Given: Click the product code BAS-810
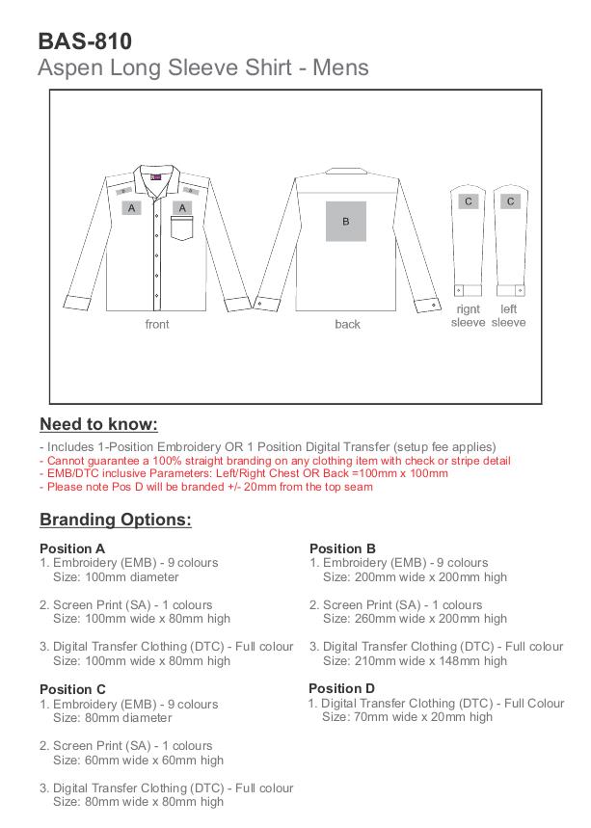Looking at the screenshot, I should [x=85, y=41].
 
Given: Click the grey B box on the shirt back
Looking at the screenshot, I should [x=345, y=221].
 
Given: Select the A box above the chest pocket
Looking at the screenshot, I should [x=182, y=207].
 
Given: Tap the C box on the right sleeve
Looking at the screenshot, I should [x=469, y=201].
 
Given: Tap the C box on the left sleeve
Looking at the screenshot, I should [x=510, y=201].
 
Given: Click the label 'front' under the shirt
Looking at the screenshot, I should [x=157, y=325].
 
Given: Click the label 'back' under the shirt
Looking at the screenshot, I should [x=347, y=325].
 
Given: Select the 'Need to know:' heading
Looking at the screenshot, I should [x=98, y=425].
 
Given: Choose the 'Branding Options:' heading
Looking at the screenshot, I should [x=116, y=521].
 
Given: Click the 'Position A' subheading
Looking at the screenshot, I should [x=72, y=548].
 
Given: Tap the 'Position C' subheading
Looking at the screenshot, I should [x=72, y=689].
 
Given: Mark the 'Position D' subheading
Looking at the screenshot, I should [x=341, y=688].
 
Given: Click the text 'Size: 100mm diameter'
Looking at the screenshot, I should [x=116, y=577].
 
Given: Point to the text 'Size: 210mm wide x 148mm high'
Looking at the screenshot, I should [x=415, y=661].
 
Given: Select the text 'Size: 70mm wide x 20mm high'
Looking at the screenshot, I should [x=407, y=717].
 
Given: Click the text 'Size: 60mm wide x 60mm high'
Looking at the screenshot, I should [x=138, y=760].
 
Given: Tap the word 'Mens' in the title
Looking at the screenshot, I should [x=337, y=68].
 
